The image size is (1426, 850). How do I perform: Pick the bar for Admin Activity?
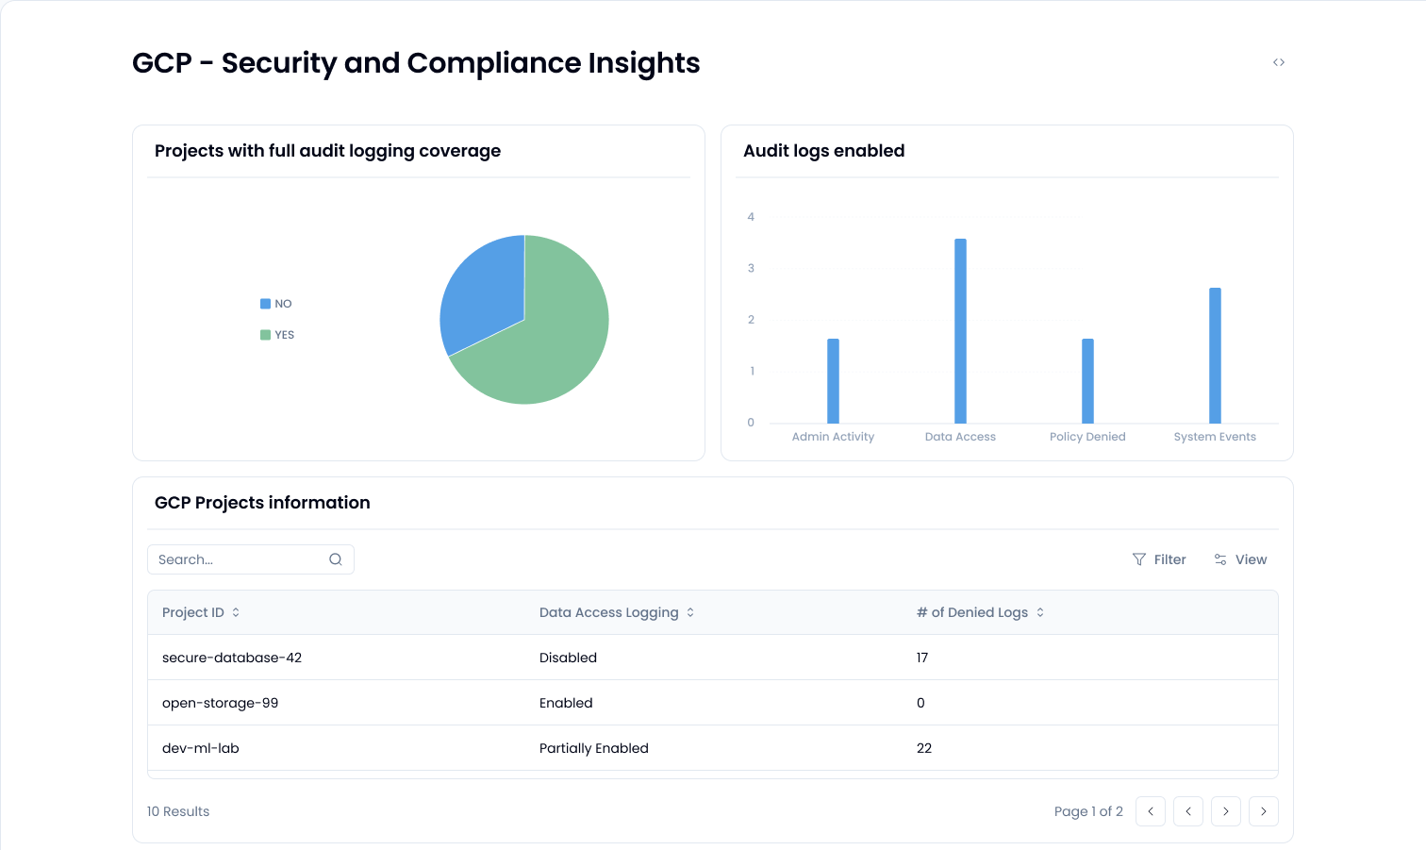(x=833, y=381)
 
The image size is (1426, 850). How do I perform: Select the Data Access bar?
(x=960, y=331)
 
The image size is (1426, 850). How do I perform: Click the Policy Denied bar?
(x=1087, y=381)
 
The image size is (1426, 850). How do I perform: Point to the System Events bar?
(x=1215, y=356)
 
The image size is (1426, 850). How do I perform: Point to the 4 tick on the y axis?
(x=751, y=217)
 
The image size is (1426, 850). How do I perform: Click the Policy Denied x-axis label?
(x=1087, y=437)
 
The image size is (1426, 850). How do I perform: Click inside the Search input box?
(x=240, y=559)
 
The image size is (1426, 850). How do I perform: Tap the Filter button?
(x=1159, y=559)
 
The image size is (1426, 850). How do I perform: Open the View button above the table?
(x=1240, y=559)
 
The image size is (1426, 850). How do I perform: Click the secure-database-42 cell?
(x=232, y=658)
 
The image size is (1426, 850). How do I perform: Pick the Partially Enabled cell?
(x=594, y=748)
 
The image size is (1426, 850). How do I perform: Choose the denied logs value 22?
(x=924, y=748)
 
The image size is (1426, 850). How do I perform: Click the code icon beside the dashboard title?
(x=1279, y=62)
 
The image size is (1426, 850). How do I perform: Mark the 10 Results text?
(x=178, y=811)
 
